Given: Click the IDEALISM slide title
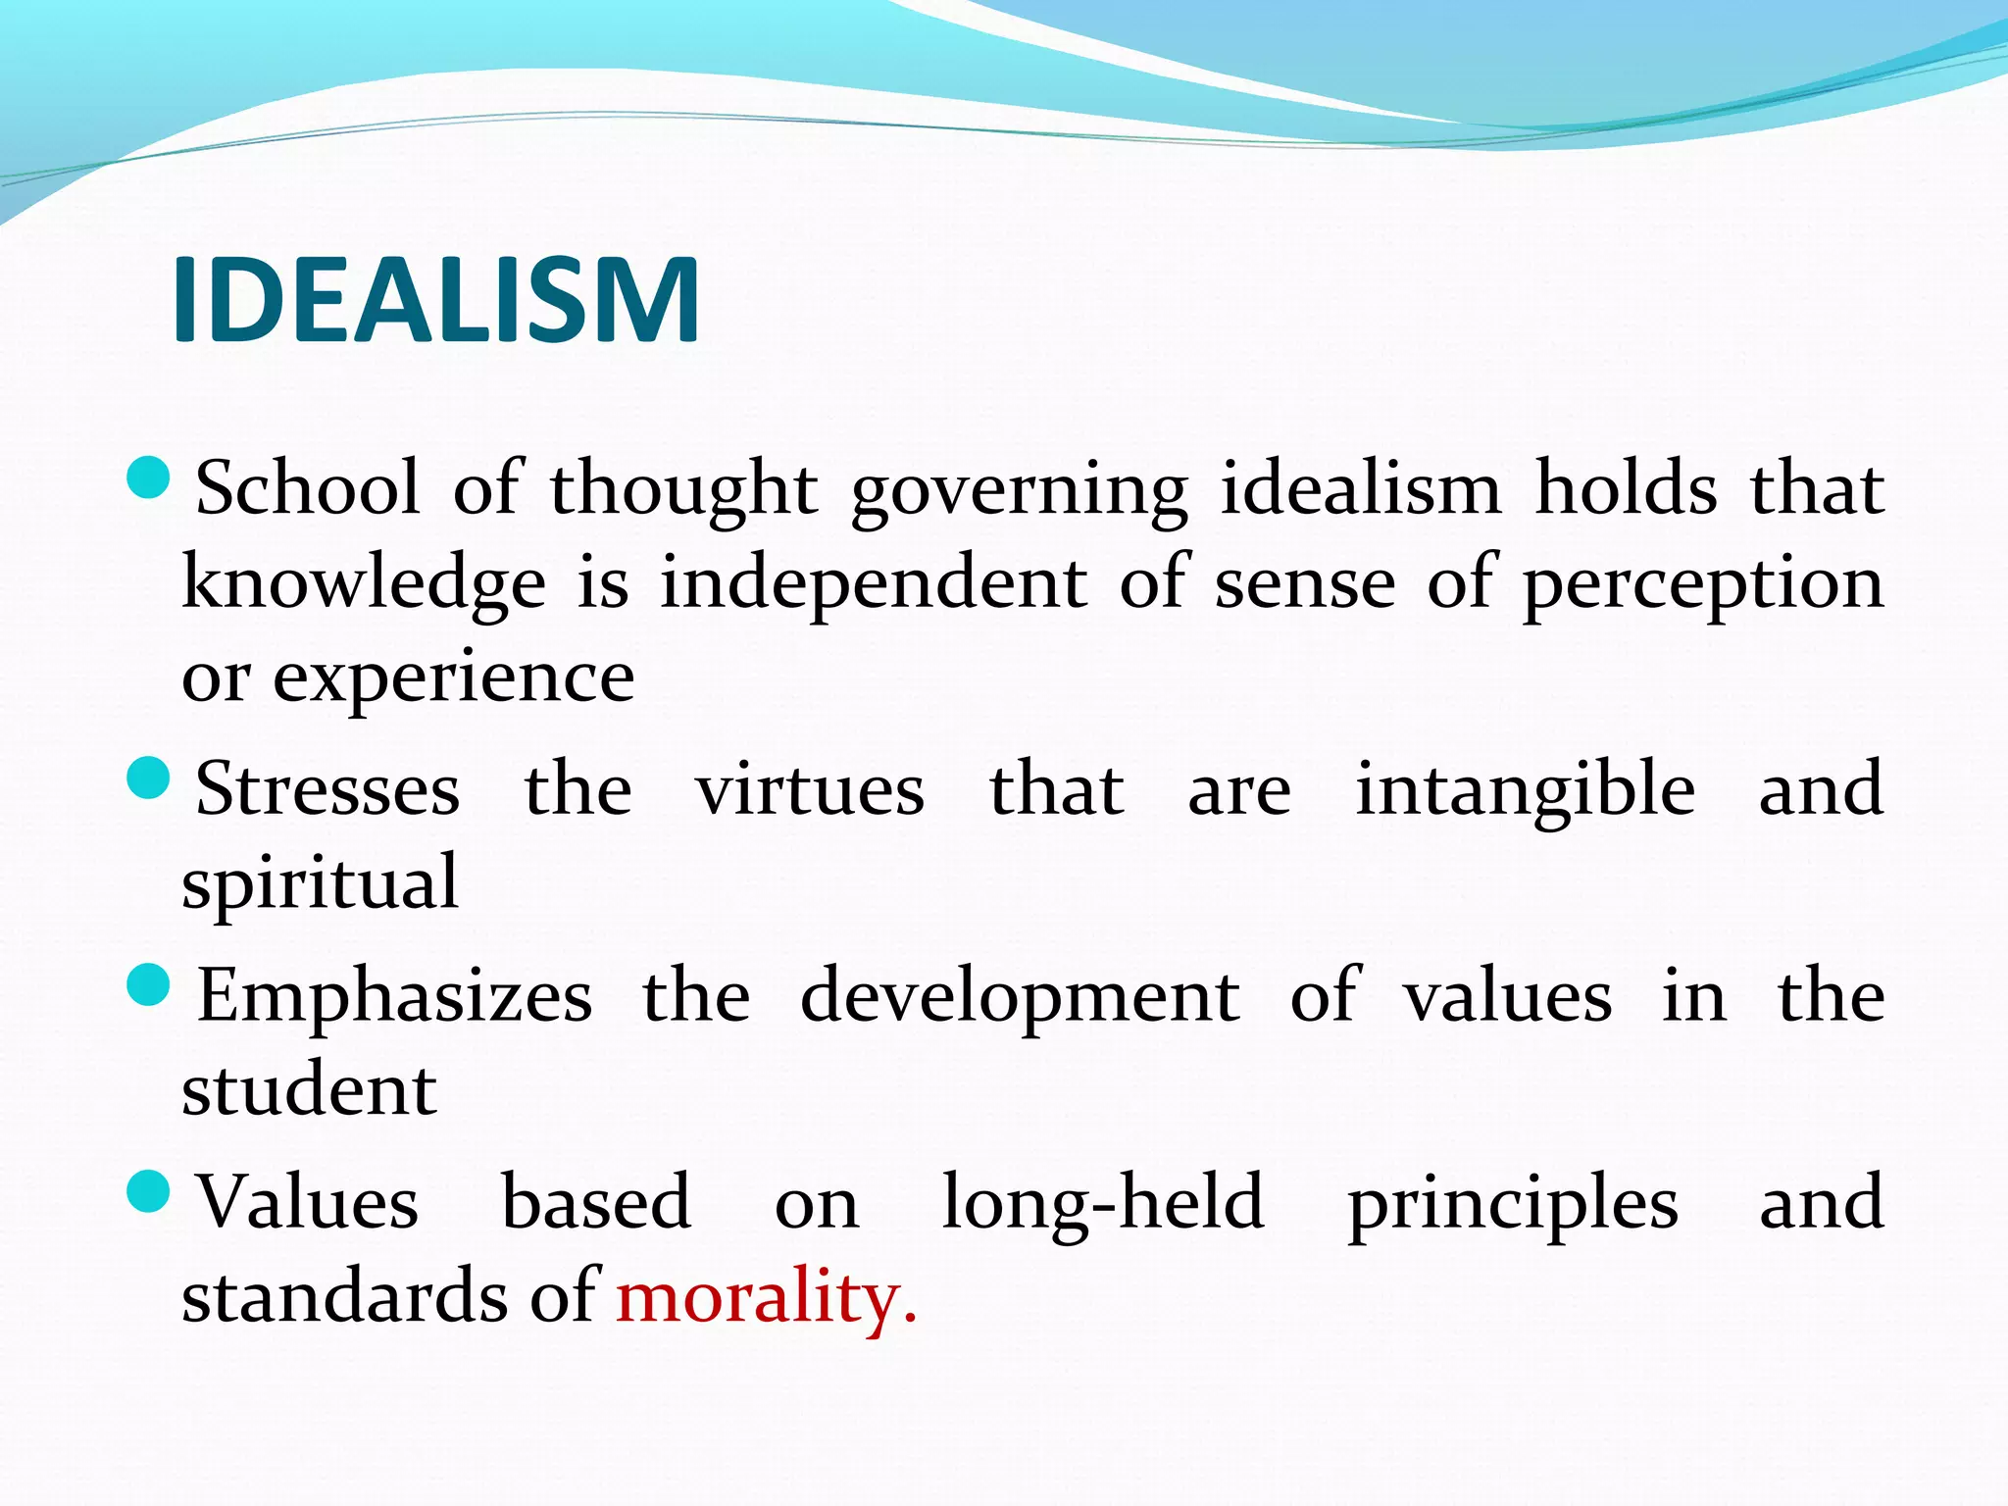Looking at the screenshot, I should (436, 299).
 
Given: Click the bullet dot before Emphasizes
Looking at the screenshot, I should (149, 984).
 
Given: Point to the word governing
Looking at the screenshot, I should (1019, 490).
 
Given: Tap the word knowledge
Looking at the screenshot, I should (364, 584).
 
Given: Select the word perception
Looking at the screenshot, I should (1703, 584).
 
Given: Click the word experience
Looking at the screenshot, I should (453, 678).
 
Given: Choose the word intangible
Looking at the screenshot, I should (1525, 790).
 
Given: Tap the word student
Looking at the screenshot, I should (309, 1090).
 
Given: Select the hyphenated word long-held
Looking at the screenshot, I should (1102, 1204).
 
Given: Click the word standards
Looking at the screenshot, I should (345, 1296).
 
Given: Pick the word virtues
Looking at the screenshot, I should (810, 790).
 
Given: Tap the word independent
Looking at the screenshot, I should (873, 584).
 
